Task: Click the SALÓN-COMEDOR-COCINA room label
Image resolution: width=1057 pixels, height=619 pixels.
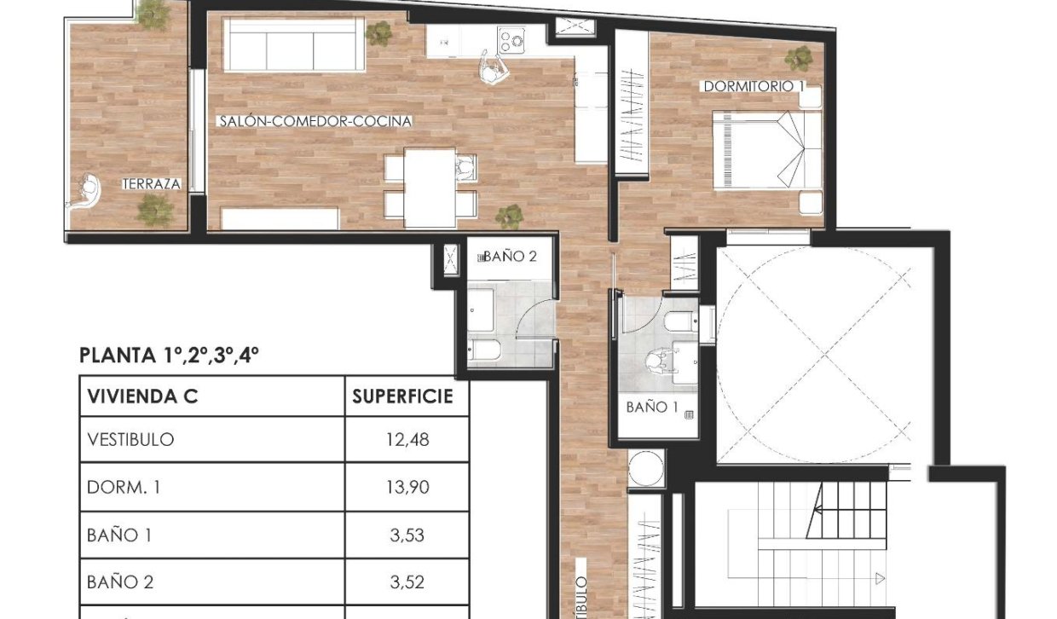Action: (x=315, y=122)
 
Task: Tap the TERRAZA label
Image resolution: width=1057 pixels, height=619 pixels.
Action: (x=152, y=183)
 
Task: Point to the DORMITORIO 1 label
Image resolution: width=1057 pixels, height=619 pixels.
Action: (x=754, y=86)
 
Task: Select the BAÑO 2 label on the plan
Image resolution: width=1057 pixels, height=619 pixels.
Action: (x=509, y=256)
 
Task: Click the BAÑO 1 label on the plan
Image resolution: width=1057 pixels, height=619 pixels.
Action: (x=652, y=408)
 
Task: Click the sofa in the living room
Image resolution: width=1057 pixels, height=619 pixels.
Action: (x=294, y=44)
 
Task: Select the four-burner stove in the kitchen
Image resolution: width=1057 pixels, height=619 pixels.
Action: (x=512, y=39)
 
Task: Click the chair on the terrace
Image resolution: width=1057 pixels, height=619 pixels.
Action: (x=85, y=192)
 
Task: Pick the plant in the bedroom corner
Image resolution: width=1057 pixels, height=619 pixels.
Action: (x=799, y=58)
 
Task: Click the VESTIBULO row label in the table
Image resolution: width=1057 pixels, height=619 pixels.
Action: (x=130, y=440)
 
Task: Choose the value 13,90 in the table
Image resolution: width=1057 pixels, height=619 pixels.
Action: (x=407, y=488)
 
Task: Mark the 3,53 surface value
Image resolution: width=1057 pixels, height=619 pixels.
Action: (x=407, y=535)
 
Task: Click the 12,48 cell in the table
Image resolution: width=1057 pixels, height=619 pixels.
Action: (x=407, y=440)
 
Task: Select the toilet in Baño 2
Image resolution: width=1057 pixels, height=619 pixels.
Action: (x=482, y=350)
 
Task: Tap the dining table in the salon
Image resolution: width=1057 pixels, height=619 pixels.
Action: (x=429, y=188)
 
